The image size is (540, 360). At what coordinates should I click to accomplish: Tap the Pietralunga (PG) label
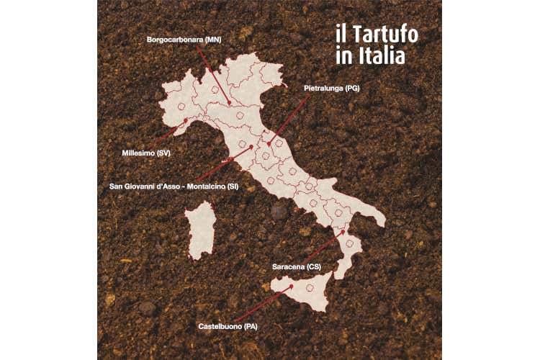331,88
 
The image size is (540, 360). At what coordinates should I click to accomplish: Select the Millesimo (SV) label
146,153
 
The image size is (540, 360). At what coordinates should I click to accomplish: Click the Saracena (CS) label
297,267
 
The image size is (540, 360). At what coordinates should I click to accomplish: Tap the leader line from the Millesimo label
168,135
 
